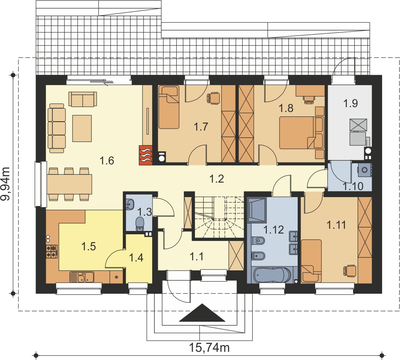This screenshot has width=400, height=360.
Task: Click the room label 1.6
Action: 107,161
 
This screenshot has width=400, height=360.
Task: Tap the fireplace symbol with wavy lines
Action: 145,155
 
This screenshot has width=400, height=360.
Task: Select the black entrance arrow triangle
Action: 202,312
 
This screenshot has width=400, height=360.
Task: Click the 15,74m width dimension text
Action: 209,347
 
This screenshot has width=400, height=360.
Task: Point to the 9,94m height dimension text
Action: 5,184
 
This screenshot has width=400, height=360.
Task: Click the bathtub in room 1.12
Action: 272,275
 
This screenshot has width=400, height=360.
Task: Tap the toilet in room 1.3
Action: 140,224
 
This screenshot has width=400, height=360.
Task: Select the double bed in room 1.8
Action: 301,132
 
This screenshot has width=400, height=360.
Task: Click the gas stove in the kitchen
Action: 52,251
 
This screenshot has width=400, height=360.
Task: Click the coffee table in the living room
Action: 82,128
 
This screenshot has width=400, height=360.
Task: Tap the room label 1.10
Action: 353,186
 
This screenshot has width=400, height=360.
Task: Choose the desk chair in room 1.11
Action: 350,270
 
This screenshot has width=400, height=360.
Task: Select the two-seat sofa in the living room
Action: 83,99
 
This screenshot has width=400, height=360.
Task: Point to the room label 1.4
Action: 136,258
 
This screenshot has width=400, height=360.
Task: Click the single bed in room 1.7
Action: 169,107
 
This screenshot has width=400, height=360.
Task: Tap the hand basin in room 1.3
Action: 129,204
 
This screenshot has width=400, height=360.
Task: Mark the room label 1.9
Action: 351,103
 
